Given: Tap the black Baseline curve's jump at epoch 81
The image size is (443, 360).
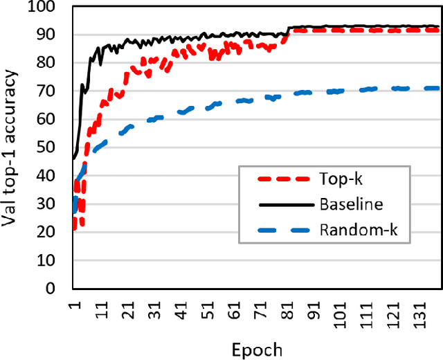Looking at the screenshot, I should point(287,30).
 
